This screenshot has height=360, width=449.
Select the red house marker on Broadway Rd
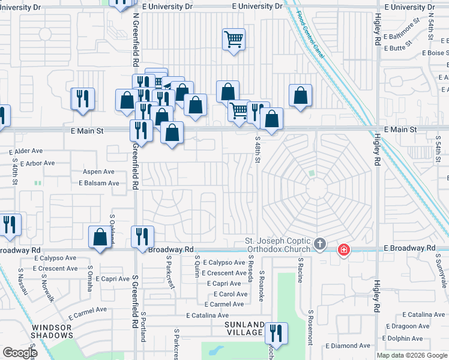343,249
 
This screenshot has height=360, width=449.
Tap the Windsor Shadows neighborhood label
52,331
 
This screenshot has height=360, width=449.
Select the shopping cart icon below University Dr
234,40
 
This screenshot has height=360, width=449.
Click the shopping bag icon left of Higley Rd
300,95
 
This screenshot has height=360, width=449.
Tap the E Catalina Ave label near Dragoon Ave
424,314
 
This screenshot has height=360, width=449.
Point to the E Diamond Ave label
348,346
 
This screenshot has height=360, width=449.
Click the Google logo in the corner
20,353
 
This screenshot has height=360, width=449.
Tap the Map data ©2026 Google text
412,355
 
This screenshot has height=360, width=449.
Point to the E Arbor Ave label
37,163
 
